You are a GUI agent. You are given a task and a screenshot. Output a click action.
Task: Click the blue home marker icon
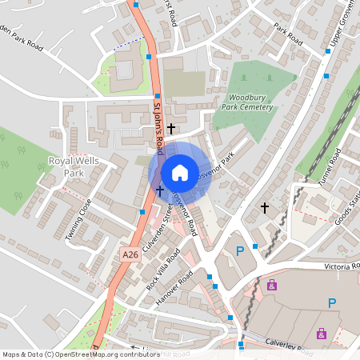click(180, 172)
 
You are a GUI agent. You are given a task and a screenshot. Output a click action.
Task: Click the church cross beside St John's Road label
click(171, 127)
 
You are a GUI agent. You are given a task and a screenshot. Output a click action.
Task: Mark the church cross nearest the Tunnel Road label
click(265, 208)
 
